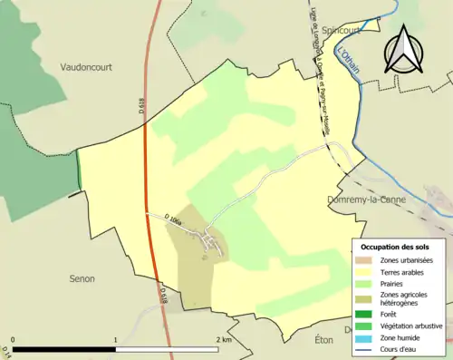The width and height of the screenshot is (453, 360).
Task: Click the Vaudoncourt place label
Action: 91,67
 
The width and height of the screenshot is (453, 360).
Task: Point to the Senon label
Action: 82,278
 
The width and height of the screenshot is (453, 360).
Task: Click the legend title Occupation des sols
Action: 399,247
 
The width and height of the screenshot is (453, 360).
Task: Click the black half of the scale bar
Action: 63,349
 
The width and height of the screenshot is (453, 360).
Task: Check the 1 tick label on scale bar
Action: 115,338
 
